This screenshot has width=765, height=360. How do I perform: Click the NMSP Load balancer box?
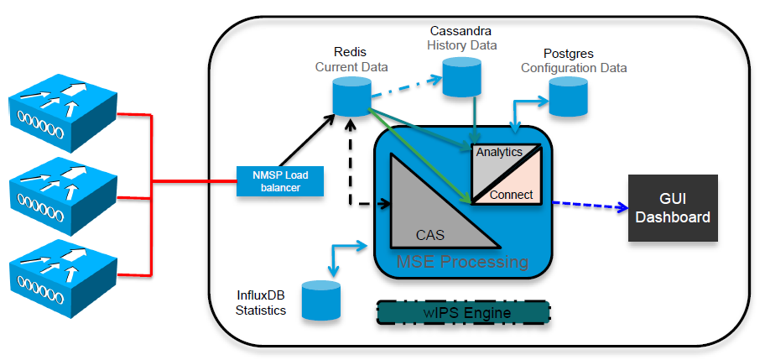click(x=280, y=180)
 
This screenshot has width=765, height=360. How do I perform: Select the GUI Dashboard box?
click(x=673, y=208)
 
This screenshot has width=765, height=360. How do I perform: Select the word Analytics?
click(x=499, y=152)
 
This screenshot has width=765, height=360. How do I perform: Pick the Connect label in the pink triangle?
click(x=511, y=195)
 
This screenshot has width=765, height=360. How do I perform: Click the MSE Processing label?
click(x=463, y=262)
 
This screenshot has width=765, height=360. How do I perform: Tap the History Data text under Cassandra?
click(x=461, y=44)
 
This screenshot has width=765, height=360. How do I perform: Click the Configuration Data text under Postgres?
click(x=574, y=67)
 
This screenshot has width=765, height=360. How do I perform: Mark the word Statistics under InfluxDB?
click(x=261, y=310)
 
